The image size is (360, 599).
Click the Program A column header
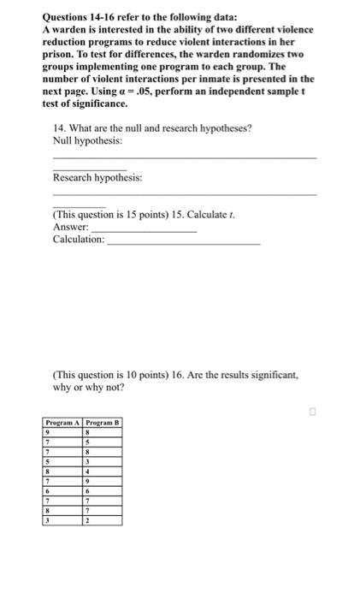[62, 423]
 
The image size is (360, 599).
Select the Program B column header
[103, 423]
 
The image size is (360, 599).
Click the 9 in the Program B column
[87, 481]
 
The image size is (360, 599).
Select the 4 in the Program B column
[87, 471]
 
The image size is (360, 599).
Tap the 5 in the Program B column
[87, 443]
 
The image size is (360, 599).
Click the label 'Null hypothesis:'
[86, 139]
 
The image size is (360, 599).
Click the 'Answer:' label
[70, 227]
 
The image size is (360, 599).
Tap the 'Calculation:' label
[79, 239]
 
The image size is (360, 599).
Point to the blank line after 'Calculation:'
[183, 243]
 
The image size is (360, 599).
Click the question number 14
[58, 128]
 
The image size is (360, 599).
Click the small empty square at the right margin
[314, 412]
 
